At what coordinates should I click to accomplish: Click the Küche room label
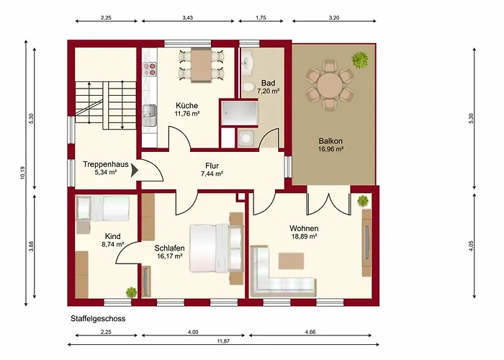[x=186, y=105]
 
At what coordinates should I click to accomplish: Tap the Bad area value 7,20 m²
[x=268, y=91]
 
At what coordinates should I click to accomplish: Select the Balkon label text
[x=330, y=141]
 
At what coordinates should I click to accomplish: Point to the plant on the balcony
[x=360, y=60]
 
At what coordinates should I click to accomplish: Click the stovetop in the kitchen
[x=150, y=69]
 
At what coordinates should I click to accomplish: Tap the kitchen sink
[x=149, y=115]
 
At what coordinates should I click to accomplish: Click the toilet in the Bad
[x=248, y=87]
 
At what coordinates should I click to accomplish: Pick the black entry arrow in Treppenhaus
[x=135, y=171]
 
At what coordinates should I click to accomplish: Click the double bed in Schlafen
[x=216, y=248]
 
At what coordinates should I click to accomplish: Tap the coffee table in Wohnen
[x=291, y=261]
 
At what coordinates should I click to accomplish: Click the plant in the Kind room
[x=132, y=292]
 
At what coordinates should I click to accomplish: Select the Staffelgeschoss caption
[x=98, y=318]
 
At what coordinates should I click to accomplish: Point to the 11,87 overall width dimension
[x=223, y=341]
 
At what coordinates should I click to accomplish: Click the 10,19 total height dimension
[x=22, y=173]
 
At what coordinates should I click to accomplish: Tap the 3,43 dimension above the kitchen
[x=188, y=18]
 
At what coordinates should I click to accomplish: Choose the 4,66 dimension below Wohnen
[x=310, y=332]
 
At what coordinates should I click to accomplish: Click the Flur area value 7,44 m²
[x=212, y=174]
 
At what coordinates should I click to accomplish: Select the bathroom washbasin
[x=248, y=61]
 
